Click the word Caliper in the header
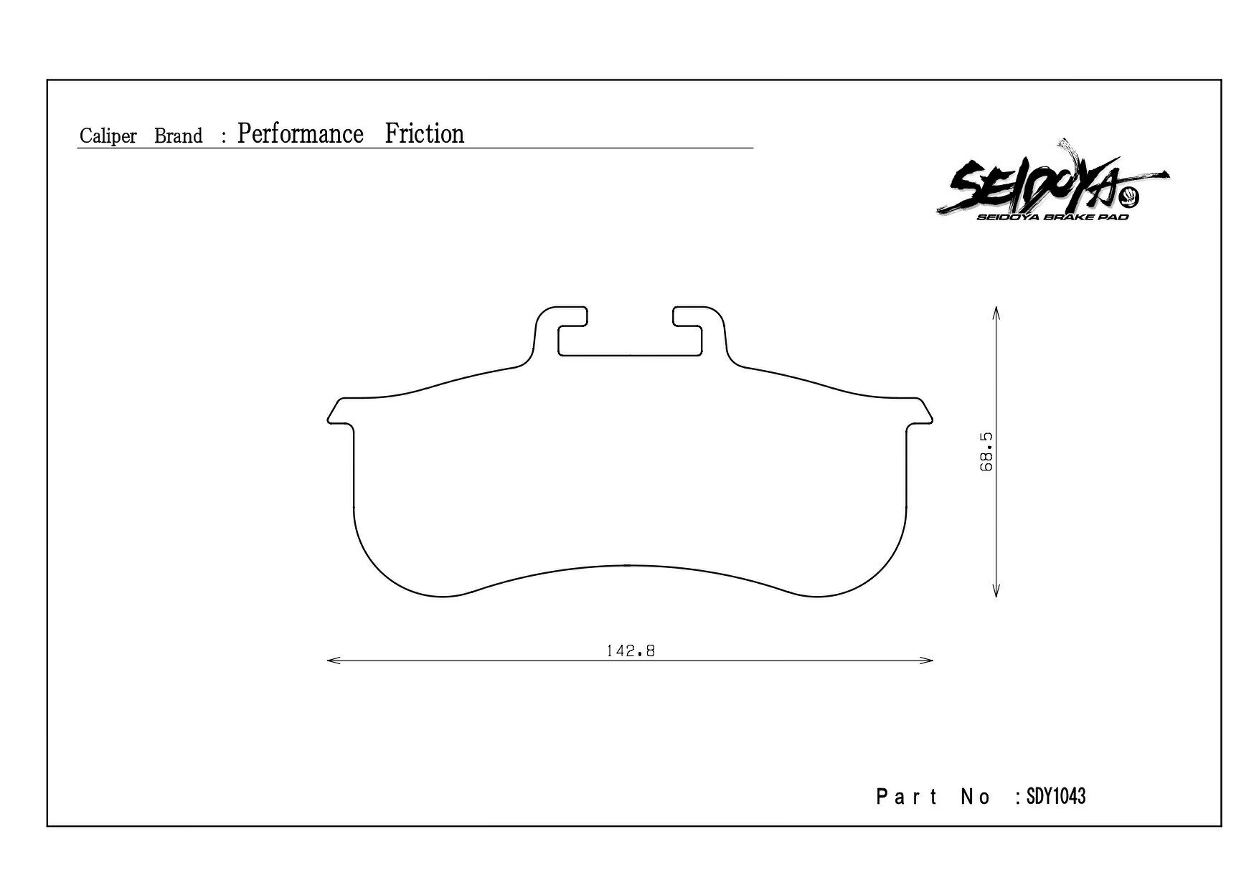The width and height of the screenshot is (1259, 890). [x=108, y=136]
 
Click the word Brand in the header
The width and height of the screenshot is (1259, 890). [x=179, y=136]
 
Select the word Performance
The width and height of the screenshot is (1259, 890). [x=301, y=134]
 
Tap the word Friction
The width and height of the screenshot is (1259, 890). [x=425, y=133]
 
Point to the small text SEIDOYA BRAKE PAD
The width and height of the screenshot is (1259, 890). [x=1052, y=217]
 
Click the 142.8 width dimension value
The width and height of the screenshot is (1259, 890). [x=631, y=651]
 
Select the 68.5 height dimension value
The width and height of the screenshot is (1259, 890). [x=986, y=452]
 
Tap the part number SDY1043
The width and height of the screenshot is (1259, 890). [x=1056, y=796]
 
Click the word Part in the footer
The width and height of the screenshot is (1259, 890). [x=907, y=797]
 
